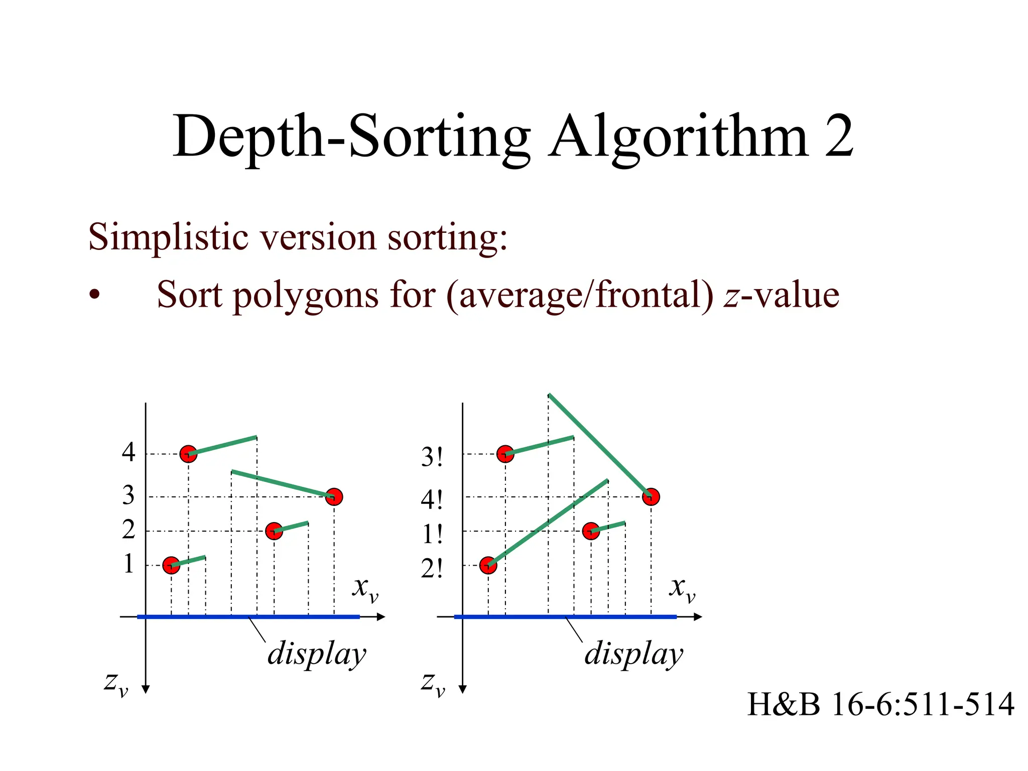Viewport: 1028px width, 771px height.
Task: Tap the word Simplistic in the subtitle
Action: [168, 237]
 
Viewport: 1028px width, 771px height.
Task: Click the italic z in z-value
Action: [731, 296]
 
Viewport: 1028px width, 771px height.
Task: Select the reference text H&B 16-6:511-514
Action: [880, 704]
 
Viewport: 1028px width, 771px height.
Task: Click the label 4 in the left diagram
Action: [128, 452]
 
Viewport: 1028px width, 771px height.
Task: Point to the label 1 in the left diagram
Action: [128, 564]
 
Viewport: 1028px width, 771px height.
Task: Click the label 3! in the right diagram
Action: [432, 457]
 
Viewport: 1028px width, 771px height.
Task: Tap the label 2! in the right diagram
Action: [432, 569]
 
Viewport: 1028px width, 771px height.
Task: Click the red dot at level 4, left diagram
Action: [188, 454]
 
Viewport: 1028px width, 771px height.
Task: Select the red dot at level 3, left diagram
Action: [334, 497]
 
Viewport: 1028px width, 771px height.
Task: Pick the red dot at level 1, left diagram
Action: [171, 565]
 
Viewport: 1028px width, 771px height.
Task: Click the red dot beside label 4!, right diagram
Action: [651, 497]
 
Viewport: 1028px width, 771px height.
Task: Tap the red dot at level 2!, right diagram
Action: [488, 565]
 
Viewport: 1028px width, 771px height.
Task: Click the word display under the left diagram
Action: [317, 655]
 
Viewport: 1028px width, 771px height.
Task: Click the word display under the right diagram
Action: [633, 655]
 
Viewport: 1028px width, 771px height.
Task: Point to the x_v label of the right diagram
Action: [682, 588]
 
